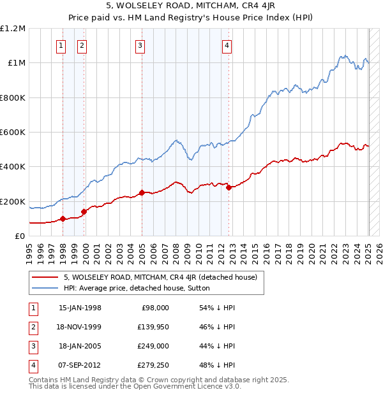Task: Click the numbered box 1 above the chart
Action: tap(61, 45)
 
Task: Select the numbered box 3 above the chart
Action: tap(140, 45)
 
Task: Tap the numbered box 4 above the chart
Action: tap(227, 45)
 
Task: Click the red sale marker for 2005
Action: tap(142, 193)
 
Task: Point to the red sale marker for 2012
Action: tap(229, 187)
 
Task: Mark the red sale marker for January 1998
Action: tap(63, 219)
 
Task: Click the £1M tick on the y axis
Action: tap(17, 63)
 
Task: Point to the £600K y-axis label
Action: tap(13, 133)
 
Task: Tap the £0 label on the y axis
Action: tap(20, 236)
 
